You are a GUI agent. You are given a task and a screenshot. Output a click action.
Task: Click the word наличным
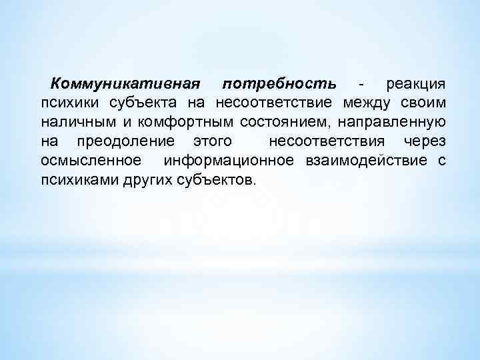[x=69, y=123]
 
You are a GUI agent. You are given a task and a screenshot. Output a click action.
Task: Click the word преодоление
[x=126, y=143]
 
